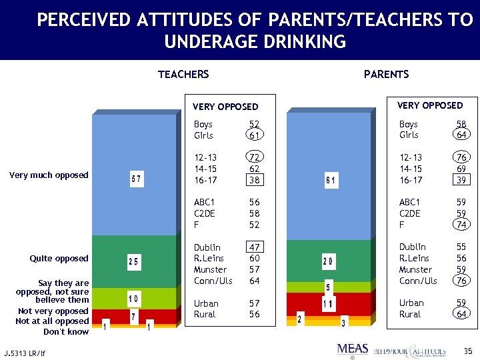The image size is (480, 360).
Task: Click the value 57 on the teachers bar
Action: pyautogui.click(x=135, y=179)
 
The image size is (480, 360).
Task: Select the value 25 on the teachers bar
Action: pyautogui.click(x=133, y=263)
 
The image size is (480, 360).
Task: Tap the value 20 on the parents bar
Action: pyautogui.click(x=328, y=261)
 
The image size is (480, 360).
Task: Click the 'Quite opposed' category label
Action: pyautogui.click(x=59, y=259)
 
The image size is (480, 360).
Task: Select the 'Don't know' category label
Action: pyautogui.click(x=66, y=331)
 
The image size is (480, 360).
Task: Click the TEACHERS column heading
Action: pyautogui.click(x=183, y=74)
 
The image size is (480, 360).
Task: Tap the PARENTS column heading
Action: pyautogui.click(x=386, y=74)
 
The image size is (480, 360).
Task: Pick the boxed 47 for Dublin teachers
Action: pyautogui.click(x=254, y=247)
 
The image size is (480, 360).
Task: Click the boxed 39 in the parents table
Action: pyautogui.click(x=461, y=179)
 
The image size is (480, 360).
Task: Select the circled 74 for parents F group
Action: pyautogui.click(x=461, y=225)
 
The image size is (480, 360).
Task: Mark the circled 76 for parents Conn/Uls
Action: pyautogui.click(x=461, y=281)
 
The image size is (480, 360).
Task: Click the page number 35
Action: pyautogui.click(x=467, y=349)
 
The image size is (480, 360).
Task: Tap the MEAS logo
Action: pyautogui.click(x=352, y=348)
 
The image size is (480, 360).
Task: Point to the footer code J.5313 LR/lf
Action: pyautogui.click(x=25, y=351)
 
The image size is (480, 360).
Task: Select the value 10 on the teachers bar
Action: pyautogui.click(x=133, y=297)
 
